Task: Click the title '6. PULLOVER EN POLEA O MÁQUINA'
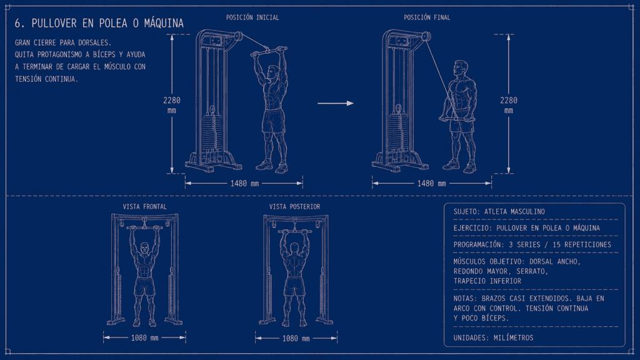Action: pos(99,23)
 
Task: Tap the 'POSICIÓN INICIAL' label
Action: pos(252,17)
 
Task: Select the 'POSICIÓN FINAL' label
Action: pos(427,17)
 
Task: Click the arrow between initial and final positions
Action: pos(336,103)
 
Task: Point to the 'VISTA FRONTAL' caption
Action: pos(145,207)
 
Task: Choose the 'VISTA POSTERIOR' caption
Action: pos(295,207)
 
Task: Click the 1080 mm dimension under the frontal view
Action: pos(144,338)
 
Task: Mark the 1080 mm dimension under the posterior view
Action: pos(296,338)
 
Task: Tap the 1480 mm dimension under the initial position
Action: pos(244,184)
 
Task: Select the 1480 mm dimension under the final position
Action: pos(431,184)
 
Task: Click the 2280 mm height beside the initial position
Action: pos(172,105)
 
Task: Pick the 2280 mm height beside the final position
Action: pos(509,105)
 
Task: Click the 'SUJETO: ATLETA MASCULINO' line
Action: pos(499,212)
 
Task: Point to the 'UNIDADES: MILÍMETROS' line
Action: pos(494,338)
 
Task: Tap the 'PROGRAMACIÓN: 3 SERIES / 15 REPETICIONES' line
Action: pos(532,245)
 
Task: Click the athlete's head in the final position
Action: pos(461,69)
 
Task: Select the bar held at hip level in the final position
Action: pos(457,119)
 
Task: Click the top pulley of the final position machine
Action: pos(426,37)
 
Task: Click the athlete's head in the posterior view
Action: pos(295,248)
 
